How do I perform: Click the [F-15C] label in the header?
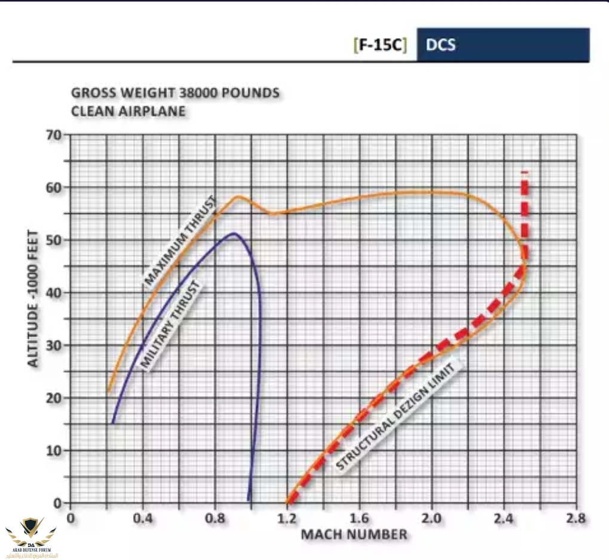tap(380, 45)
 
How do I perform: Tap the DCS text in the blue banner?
tap(441, 45)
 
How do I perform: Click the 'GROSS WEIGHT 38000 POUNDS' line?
tap(175, 93)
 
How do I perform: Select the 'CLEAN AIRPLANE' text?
tap(128, 111)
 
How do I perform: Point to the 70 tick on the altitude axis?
tap(54, 135)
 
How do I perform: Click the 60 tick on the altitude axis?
tap(54, 188)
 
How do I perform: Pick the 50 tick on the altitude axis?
tap(54, 240)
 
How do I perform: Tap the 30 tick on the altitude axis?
tap(54, 345)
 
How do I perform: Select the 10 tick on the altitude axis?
tap(54, 451)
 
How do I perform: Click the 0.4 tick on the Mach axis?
tap(142, 518)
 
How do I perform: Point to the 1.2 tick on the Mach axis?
tap(287, 518)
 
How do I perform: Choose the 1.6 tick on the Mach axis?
tap(359, 518)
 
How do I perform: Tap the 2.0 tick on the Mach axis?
tap(431, 518)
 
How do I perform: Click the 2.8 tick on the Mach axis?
tap(576, 518)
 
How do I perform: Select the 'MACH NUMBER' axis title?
tap(354, 534)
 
